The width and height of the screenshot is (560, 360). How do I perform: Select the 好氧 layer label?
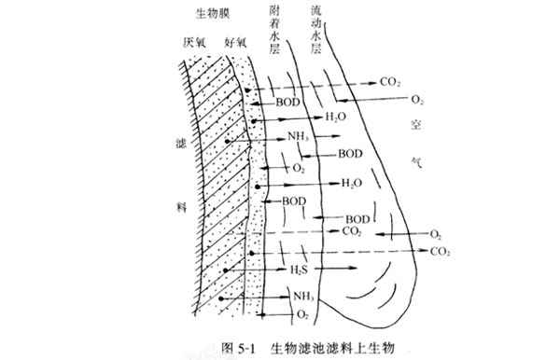[x=235, y=44]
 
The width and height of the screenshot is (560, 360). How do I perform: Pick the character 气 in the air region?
[x=416, y=160]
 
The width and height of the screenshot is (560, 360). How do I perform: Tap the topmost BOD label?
[x=287, y=101]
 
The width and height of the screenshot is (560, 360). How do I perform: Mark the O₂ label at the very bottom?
[x=301, y=317]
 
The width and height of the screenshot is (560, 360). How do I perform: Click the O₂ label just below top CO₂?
[x=417, y=99]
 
